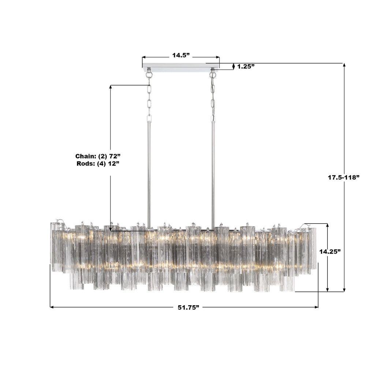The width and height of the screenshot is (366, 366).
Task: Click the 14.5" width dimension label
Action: pos(181,55)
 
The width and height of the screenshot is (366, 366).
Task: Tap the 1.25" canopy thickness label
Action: pos(246,67)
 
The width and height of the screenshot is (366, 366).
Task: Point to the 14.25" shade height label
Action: pos(330,251)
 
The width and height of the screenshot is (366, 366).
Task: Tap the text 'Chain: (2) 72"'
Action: pos(98,156)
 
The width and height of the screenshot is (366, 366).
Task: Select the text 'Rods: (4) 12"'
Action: pos(98,164)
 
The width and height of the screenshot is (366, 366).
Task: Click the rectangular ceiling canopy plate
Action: pos(181,66)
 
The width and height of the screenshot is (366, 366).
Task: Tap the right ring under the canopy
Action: pos(212,75)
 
